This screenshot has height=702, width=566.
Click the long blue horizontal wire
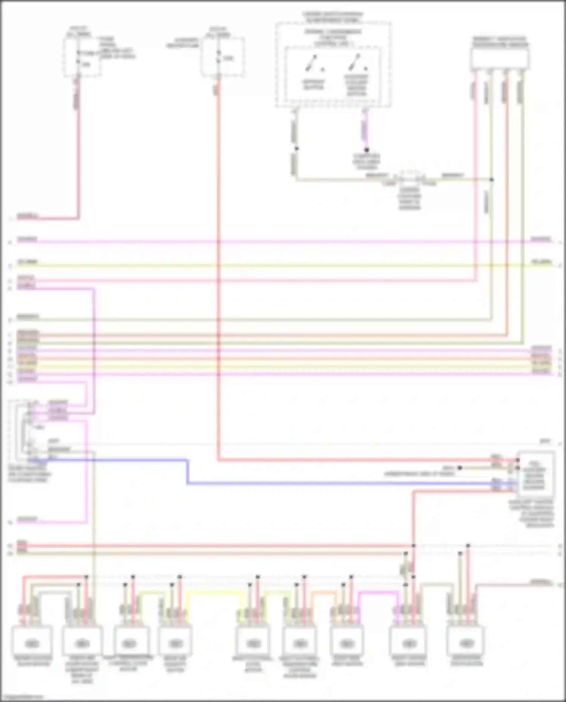(340, 483)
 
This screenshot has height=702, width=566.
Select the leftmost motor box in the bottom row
(32, 643)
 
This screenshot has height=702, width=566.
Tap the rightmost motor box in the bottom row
(466, 643)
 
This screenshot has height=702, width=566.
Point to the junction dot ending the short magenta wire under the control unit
(366, 150)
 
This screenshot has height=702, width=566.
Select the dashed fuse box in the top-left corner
(82, 57)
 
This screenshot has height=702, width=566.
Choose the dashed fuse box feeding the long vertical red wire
(222, 57)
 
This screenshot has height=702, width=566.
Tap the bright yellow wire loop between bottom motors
(215, 592)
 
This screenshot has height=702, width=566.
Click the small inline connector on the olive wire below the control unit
(410, 177)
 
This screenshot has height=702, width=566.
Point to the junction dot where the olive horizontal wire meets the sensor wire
(492, 180)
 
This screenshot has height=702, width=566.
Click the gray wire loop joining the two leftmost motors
(53, 593)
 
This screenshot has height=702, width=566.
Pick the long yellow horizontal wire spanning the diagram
(283, 266)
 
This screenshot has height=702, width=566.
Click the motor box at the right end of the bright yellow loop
(253, 643)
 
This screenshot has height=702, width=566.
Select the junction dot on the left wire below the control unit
(297, 149)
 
